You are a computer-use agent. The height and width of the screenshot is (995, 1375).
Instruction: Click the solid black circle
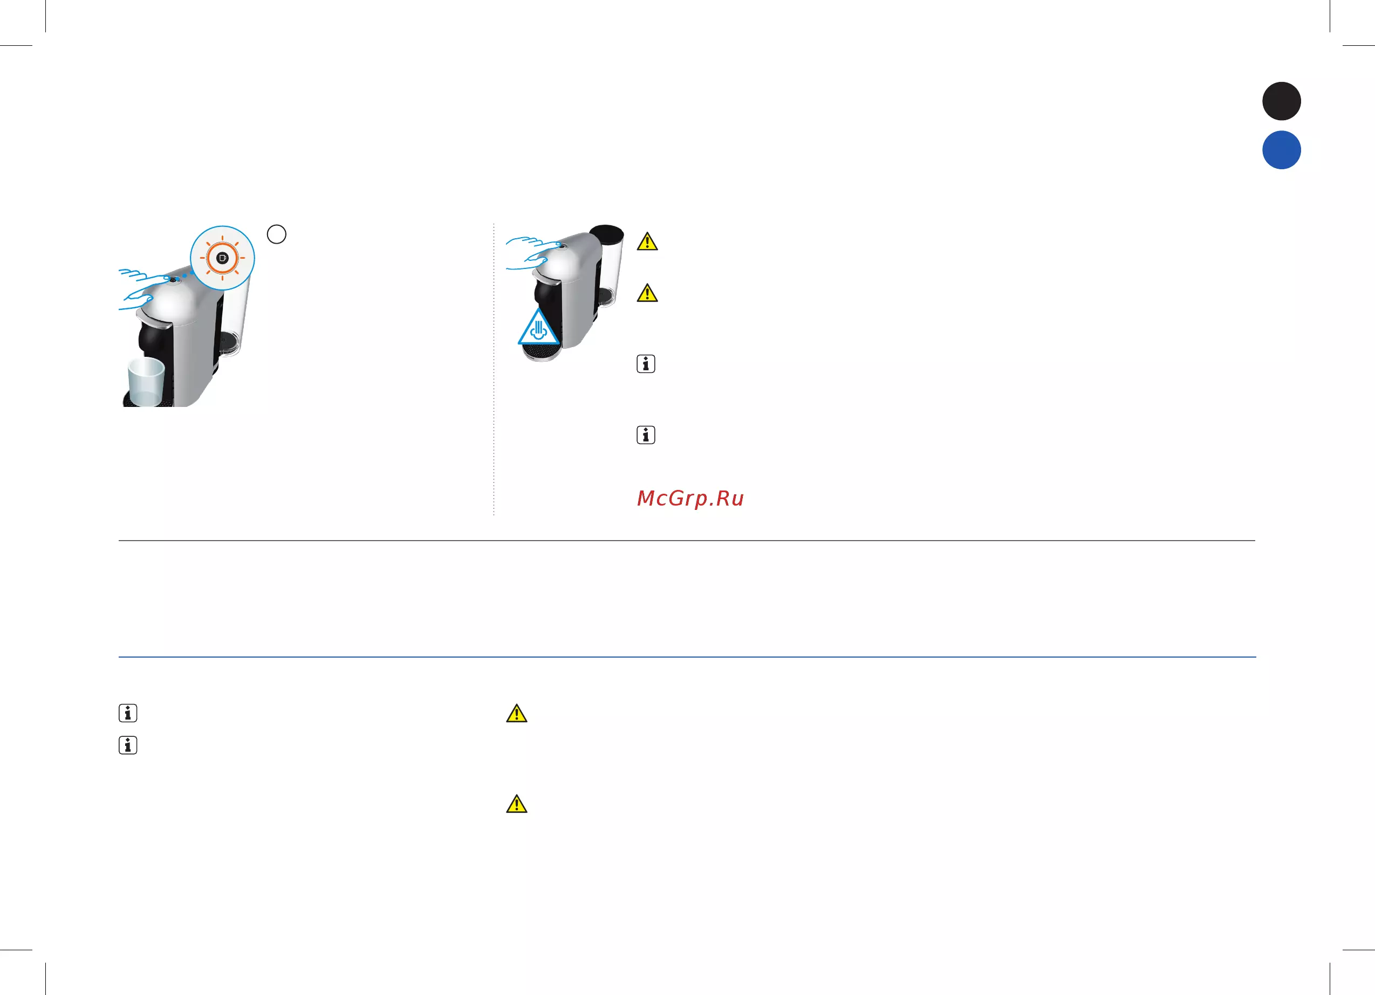pos(1281,101)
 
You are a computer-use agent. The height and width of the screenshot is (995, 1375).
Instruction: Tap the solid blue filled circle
pos(1281,150)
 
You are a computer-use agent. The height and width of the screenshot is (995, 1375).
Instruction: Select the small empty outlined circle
pos(276,234)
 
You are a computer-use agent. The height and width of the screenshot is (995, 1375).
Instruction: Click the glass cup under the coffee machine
pos(146,381)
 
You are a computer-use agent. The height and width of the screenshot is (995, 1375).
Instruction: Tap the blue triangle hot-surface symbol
pos(538,327)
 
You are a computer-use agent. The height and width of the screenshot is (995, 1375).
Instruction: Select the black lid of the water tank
pos(606,234)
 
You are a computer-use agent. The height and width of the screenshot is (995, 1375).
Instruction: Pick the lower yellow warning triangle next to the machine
pos(647,293)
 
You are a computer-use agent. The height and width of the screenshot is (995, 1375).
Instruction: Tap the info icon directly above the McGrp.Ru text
pos(646,435)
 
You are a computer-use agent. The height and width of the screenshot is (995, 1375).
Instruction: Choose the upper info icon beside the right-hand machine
pos(646,364)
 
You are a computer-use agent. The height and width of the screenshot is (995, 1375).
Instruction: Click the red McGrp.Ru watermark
pos(690,498)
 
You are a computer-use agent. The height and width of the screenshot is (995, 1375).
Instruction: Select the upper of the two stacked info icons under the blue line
pos(128,713)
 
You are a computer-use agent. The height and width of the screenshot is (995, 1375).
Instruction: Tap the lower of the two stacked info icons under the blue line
pos(128,745)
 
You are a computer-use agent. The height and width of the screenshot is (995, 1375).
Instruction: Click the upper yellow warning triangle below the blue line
pos(517,713)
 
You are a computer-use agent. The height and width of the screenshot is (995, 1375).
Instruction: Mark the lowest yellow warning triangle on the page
pos(517,804)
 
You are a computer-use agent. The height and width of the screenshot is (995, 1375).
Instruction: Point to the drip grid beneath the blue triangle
pos(541,351)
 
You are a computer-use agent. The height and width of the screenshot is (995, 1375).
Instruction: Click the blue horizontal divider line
pos(687,657)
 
